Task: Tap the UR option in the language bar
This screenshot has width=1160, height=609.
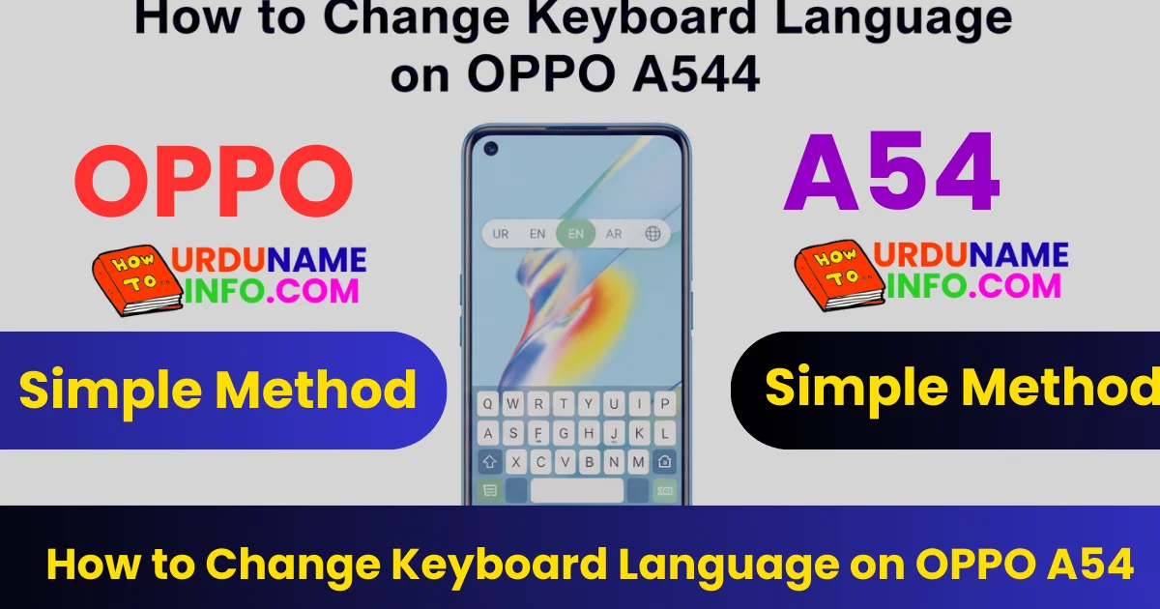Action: pyautogui.click(x=501, y=234)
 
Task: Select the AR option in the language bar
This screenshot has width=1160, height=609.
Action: pyautogui.click(x=614, y=234)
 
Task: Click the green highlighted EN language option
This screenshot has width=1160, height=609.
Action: pyautogui.click(x=576, y=234)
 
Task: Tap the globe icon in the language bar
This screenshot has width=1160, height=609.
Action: pyautogui.click(x=654, y=234)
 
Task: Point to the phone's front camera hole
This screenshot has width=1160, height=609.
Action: pyautogui.click(x=490, y=148)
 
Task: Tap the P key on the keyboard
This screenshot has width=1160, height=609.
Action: pyautogui.click(x=665, y=403)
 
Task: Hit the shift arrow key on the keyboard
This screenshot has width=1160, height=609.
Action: pyautogui.click(x=490, y=462)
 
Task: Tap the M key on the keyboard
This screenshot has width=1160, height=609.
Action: pyautogui.click(x=638, y=462)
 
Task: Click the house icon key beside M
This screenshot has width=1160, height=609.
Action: pyautogui.click(x=665, y=462)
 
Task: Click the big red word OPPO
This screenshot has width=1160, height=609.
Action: pyautogui.click(x=214, y=183)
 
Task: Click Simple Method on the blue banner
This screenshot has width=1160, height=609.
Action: pyautogui.click(x=217, y=391)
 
